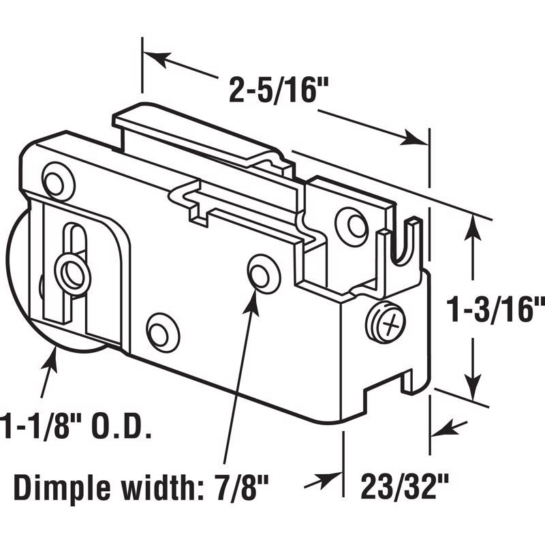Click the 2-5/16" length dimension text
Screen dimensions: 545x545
(x=274, y=89)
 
